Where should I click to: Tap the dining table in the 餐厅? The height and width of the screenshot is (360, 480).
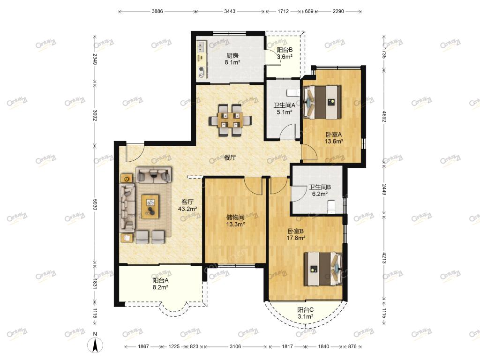(231, 120)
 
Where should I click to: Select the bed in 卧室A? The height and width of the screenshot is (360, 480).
(322, 102)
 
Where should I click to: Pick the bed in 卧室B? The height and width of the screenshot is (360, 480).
(323, 269)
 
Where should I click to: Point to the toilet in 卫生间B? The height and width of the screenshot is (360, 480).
(331, 207)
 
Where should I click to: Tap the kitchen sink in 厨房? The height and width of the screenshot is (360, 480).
(202, 46)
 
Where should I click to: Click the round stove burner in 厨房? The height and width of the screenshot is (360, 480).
(201, 69)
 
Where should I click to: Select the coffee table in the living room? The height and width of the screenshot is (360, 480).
(150, 207)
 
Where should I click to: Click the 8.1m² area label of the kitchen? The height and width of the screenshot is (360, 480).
(232, 62)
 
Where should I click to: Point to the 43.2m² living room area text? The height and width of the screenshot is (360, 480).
(187, 209)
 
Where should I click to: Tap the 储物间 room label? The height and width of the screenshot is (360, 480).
(235, 217)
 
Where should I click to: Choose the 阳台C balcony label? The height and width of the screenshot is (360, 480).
(305, 310)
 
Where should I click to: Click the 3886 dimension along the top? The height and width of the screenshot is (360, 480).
(157, 11)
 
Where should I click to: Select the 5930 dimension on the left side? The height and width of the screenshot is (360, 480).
(95, 202)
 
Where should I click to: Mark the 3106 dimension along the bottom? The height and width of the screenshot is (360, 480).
(235, 346)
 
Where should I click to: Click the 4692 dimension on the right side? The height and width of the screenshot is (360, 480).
(384, 116)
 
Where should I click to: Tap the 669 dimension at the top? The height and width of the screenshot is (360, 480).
(309, 11)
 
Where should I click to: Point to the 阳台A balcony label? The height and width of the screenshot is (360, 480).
(160, 280)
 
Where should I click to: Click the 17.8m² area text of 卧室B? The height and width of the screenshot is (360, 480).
(296, 238)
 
